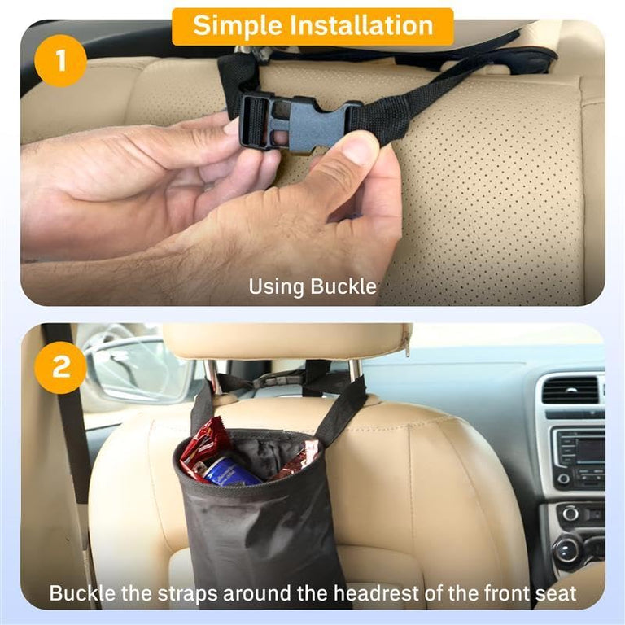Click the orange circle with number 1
click(60, 60)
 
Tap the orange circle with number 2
click(60, 367)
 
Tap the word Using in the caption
click(277, 286)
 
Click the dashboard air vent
click(575, 390)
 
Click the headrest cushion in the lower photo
click(285, 341)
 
